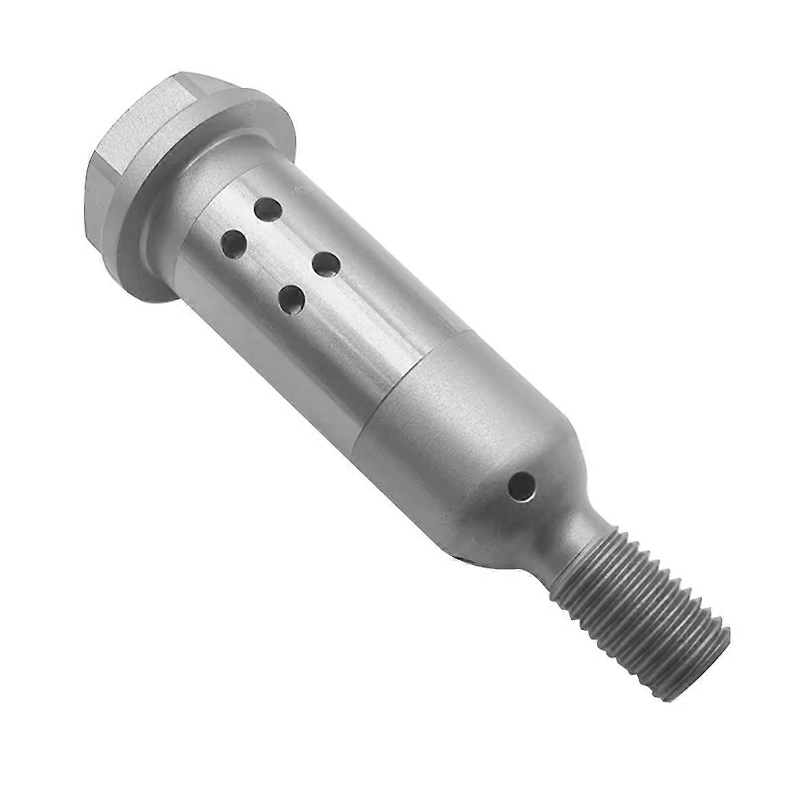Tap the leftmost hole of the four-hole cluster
(234, 241)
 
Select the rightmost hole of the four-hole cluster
(325, 264)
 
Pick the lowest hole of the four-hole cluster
(291, 297)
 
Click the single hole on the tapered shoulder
(521, 486)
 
